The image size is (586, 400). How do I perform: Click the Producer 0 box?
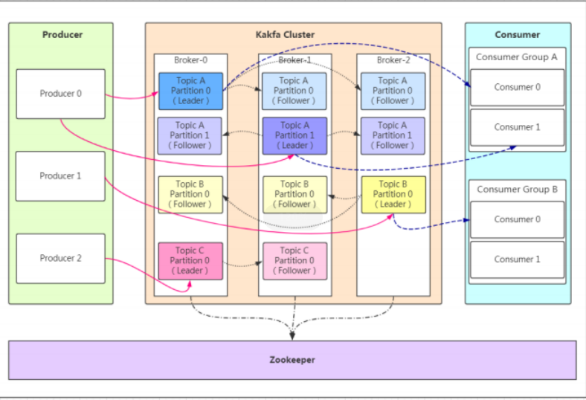click(x=60, y=94)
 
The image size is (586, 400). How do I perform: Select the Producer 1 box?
click(x=60, y=176)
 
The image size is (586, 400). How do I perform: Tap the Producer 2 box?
click(x=60, y=258)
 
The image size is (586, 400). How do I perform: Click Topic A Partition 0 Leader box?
click(x=190, y=91)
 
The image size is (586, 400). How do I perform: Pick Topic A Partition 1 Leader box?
click(x=295, y=135)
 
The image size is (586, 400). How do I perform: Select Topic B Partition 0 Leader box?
click(x=393, y=194)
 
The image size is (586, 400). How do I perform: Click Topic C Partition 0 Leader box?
click(x=190, y=261)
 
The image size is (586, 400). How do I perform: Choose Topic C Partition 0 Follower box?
click(x=294, y=261)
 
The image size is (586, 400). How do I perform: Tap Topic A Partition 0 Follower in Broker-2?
click(x=393, y=91)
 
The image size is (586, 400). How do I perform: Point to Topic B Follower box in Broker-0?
click(x=190, y=194)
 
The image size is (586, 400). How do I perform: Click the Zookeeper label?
click(x=292, y=360)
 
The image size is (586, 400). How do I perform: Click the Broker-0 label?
click(x=191, y=60)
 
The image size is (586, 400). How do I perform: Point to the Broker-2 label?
click(x=393, y=60)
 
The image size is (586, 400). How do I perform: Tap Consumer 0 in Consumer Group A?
click(x=518, y=87)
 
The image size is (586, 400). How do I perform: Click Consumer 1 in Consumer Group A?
click(x=518, y=127)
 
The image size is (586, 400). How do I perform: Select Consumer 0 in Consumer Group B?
click(x=518, y=219)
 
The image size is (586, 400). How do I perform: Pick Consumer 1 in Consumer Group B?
click(x=518, y=259)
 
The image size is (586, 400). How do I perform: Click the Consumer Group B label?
click(x=517, y=189)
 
